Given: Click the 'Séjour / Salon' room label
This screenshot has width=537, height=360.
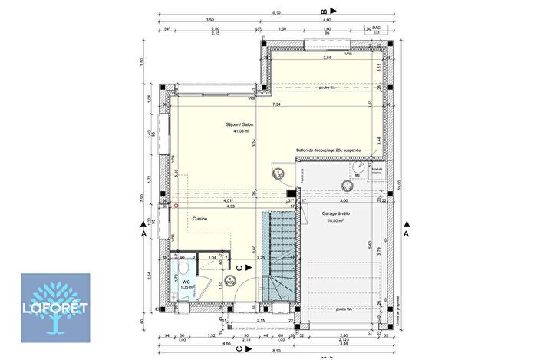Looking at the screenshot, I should [x=239, y=124].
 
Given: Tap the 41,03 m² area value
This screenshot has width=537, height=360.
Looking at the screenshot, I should [x=242, y=131].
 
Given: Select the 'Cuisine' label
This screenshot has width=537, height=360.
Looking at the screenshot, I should [x=200, y=217].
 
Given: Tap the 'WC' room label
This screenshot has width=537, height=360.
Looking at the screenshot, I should [x=186, y=282].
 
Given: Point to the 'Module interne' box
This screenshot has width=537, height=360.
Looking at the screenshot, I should [x=377, y=172].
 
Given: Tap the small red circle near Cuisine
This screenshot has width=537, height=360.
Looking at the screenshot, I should [x=176, y=206].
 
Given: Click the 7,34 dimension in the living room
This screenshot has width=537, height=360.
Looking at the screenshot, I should [x=276, y=104].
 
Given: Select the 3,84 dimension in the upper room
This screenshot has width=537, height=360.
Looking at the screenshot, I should [x=327, y=58].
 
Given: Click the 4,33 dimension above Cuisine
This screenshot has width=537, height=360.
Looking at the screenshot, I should [x=230, y=206].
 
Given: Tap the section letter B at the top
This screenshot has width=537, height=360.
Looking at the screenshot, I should [x=324, y=12].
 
